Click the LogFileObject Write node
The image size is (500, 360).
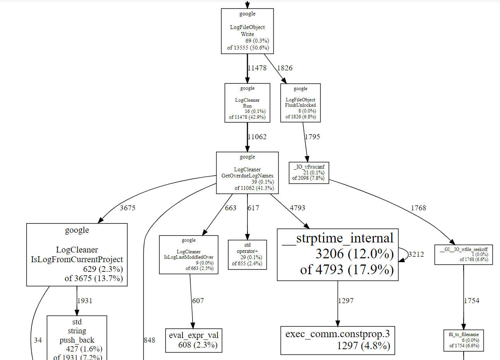pyautogui.click(x=247, y=31)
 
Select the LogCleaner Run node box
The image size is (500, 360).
pyautogui.click(x=247, y=103)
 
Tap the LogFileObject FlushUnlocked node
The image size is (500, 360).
pyautogui.click(x=300, y=103)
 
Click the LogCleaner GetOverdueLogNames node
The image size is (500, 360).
pyautogui.click(x=247, y=173)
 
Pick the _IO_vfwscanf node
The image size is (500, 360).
pyautogui.click(x=309, y=172)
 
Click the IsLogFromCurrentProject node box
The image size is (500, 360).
pyautogui.click(x=77, y=254)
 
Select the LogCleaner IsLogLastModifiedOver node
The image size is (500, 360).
pyautogui.click(x=188, y=254)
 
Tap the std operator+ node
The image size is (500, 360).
pyautogui.click(x=247, y=254)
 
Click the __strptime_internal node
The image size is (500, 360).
pyautogui.click(x=338, y=254)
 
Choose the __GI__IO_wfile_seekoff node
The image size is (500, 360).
pyautogui.click(x=463, y=254)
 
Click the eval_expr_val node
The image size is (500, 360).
pyautogui.click(x=193, y=340)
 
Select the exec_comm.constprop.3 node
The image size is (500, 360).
pyautogui.click(x=338, y=340)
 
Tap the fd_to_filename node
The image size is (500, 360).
pyautogui.click(x=463, y=340)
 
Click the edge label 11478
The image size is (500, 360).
pyautogui.click(x=257, y=68)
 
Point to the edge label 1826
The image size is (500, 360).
pyautogui.click(x=285, y=68)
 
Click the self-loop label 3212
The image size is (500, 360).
pyautogui.click(x=416, y=254)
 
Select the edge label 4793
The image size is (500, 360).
pyautogui.click(x=297, y=208)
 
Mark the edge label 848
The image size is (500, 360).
pyautogui.click(x=149, y=340)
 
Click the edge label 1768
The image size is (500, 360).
pyautogui.click(x=418, y=208)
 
